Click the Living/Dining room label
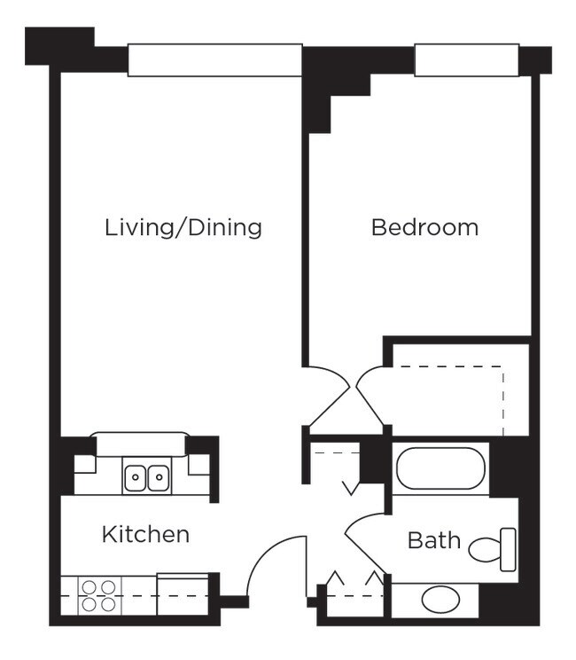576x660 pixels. point(183,227)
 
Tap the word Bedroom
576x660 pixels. point(424,227)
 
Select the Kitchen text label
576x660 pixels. point(145,534)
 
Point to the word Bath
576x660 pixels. point(433,539)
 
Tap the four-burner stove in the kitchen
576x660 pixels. point(98,594)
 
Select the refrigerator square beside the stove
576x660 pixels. point(183,592)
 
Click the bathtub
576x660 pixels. point(440,469)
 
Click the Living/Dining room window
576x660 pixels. point(214,60)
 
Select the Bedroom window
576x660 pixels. point(466,60)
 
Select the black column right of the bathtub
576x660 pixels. point(509,467)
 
